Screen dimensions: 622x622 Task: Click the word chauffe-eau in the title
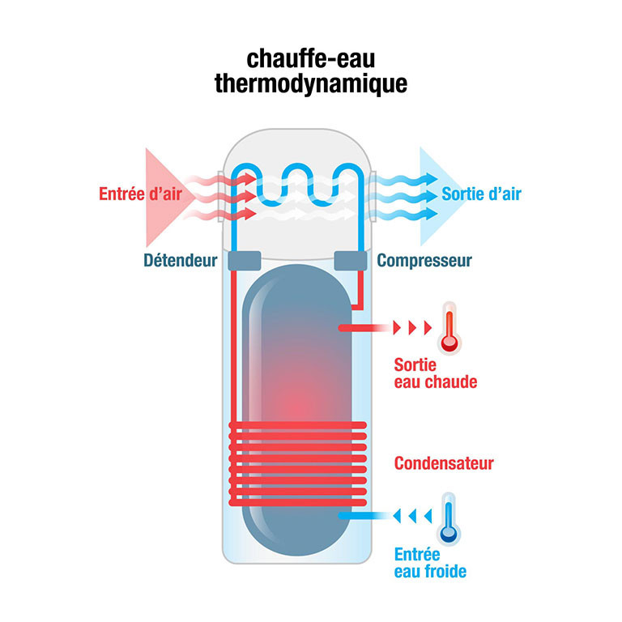[x=311, y=59]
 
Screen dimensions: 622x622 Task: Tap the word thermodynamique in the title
[x=311, y=83]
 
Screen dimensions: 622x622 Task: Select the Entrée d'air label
[x=140, y=194]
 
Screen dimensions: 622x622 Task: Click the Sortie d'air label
[x=481, y=194]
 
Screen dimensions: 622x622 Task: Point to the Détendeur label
[x=181, y=261]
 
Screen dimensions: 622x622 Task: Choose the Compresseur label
[x=424, y=261]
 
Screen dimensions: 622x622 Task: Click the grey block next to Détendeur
[x=245, y=261]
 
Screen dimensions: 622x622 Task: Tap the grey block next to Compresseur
[x=351, y=261]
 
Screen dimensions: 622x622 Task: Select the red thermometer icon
[x=449, y=328]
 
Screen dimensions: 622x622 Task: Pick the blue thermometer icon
[x=449, y=519]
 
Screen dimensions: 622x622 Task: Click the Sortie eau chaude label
[x=436, y=373]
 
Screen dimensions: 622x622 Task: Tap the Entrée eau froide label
[x=430, y=563]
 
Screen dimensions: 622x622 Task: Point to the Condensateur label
[x=444, y=463]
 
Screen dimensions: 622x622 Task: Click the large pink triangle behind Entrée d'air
[x=167, y=197]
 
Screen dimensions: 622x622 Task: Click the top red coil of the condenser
[x=297, y=425]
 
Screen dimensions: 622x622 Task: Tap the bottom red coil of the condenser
[x=297, y=502]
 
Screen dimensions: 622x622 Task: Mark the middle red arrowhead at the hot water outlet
[x=412, y=328]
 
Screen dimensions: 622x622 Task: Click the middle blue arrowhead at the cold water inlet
[x=412, y=516]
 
